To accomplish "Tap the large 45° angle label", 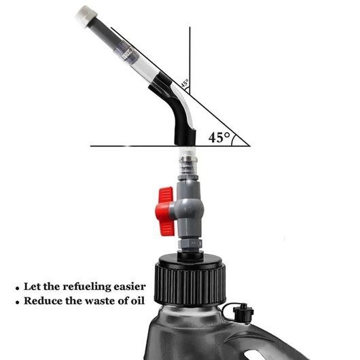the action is coord(219,137).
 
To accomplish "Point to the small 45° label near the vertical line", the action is coord(185,83).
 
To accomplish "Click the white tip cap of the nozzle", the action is coord(86,16).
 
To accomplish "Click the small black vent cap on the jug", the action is coord(243,313).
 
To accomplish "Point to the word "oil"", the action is coord(138,300).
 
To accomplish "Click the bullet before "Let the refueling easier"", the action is coord(18,289).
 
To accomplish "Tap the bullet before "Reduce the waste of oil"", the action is coord(18,302).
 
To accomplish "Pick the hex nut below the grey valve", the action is coord(190,244).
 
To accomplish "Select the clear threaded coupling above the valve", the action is coord(187,162).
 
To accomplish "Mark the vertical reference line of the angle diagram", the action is coord(190,60).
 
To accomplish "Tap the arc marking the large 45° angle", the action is coord(233,140).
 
